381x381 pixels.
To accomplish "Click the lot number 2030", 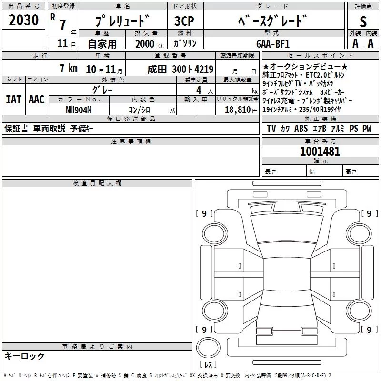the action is tap(23, 20).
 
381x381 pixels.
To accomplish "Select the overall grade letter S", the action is tap(363, 21).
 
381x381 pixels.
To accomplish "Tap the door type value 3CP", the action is tap(184, 21).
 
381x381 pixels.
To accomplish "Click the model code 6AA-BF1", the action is tap(273, 44).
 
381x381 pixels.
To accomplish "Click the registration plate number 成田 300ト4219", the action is tap(180, 69).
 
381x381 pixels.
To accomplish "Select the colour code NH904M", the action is tap(79, 110).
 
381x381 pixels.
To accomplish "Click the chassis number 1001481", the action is tap(320, 151).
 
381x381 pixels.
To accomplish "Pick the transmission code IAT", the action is tap(14, 100).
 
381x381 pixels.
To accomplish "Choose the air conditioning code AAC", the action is tap(37, 100).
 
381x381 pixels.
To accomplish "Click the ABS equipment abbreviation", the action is tap(301, 129).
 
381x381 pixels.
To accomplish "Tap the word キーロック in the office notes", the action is tap(24, 356).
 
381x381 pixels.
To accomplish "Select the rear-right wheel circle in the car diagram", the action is tap(359, 300).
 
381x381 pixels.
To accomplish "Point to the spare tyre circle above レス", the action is tap(208, 336).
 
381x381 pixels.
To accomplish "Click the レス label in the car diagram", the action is tap(208, 364).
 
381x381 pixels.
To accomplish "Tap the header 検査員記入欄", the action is tap(97, 183).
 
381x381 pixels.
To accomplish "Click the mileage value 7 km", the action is tap(69, 68).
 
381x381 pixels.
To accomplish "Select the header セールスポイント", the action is tap(320, 56).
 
